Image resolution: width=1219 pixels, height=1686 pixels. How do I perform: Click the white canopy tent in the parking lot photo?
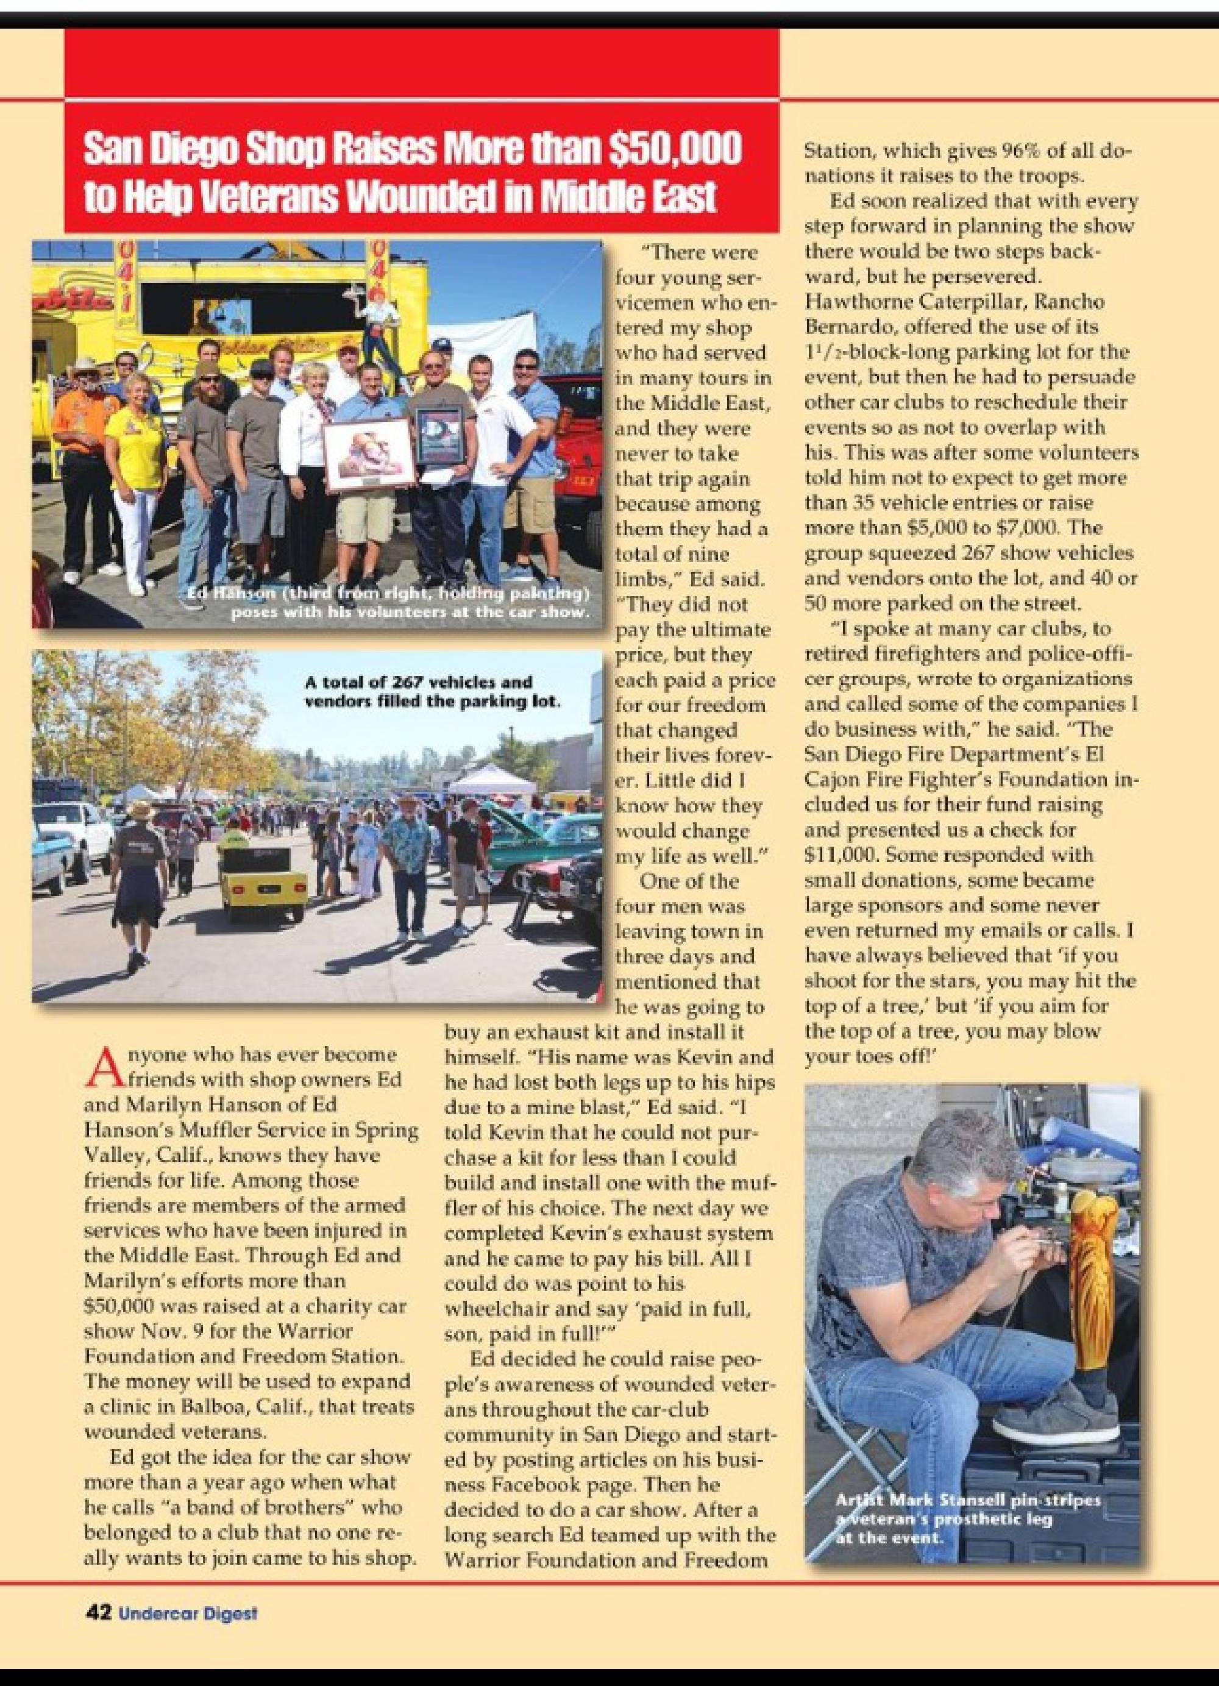pos(486,781)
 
